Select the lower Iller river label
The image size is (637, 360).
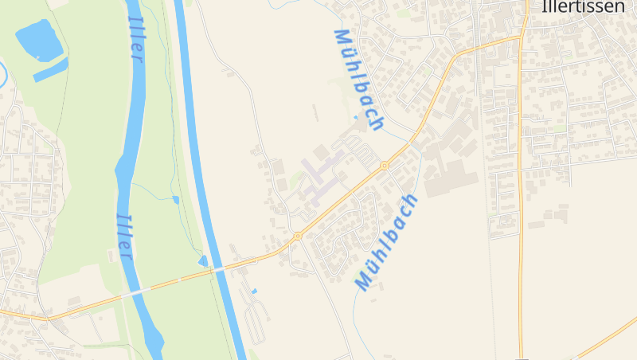click(x=124, y=236)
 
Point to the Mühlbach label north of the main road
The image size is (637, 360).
click(x=358, y=79)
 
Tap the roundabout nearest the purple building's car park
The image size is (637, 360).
click(x=385, y=166)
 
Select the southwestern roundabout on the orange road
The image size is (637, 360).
click(x=297, y=236)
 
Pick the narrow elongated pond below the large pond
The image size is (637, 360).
click(x=50, y=70)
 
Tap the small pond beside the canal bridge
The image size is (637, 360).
click(x=204, y=260)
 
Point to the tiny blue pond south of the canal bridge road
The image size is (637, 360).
click(x=254, y=292)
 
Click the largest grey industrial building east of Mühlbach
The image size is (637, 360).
click(x=451, y=179)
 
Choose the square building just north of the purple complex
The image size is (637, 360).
click(x=321, y=151)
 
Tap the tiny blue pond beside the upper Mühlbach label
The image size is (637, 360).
click(x=355, y=118)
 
